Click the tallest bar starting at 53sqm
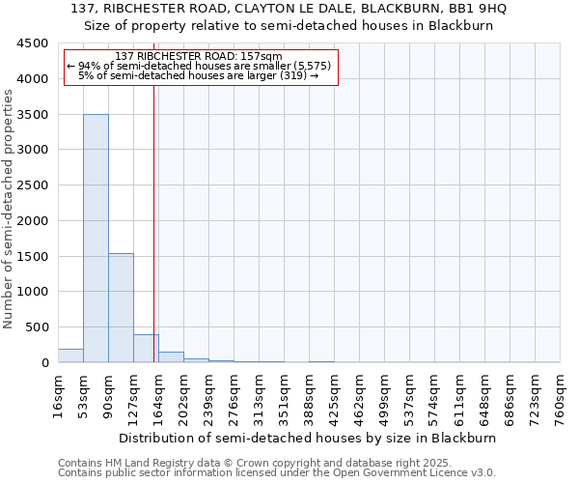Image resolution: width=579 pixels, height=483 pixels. (96, 238)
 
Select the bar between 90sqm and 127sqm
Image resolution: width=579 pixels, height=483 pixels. (121, 307)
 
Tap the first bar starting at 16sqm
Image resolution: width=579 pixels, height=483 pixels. (70, 355)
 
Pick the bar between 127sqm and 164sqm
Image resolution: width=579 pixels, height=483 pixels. (146, 349)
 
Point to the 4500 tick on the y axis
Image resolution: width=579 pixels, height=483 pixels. (33, 43)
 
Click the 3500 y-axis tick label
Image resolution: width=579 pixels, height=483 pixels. (33, 115)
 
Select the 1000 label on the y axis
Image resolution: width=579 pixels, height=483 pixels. (33, 292)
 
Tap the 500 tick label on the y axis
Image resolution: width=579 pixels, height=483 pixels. (37, 327)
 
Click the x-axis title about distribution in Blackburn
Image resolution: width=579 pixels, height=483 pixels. (308, 438)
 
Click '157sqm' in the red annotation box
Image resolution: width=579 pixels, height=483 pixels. (263, 57)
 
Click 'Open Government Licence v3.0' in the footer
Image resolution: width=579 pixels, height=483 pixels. (414, 472)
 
